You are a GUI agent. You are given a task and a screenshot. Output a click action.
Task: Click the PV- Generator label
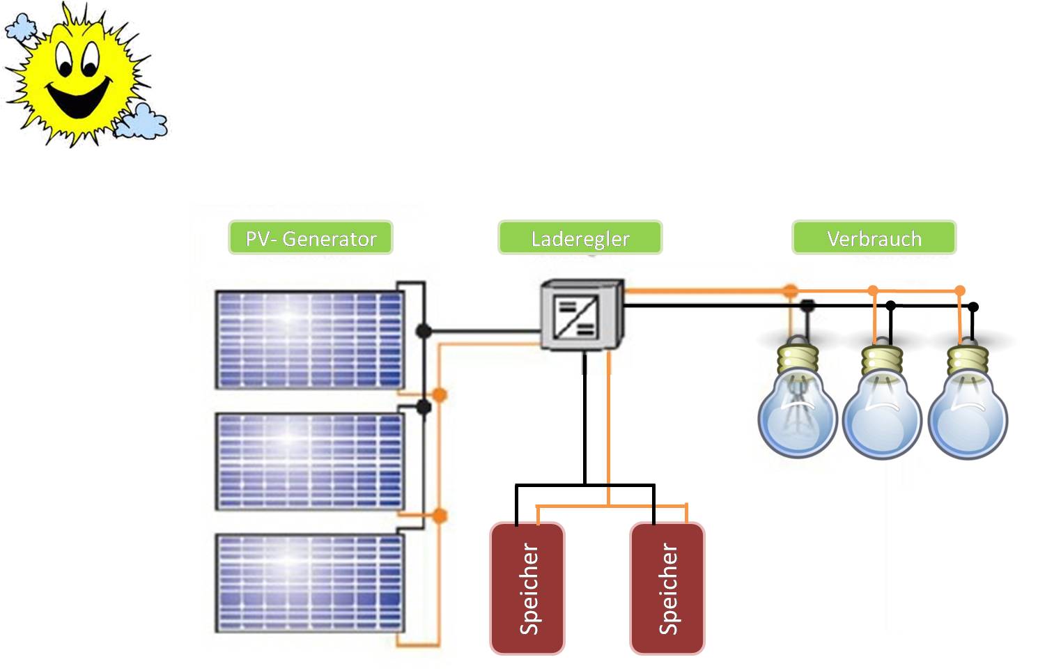click(311, 238)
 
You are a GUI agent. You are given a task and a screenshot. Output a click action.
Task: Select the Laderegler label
click(580, 238)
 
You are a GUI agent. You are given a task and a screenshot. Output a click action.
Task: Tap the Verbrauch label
click(874, 238)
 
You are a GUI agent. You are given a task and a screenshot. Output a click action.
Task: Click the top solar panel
click(309, 339)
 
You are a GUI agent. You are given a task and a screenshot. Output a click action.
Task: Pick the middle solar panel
click(309, 461)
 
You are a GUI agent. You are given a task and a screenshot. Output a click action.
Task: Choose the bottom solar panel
click(309, 583)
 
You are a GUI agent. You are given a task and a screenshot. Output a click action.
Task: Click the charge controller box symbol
click(581, 315)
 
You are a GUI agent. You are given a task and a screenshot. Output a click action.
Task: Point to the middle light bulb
click(882, 415)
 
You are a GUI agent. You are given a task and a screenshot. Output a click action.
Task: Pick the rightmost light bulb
click(968, 415)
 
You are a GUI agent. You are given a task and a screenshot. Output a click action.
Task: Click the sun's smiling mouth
click(79, 98)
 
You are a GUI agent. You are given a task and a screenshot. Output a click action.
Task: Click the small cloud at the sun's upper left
click(20, 28)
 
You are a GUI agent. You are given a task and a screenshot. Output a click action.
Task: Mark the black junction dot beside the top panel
click(424, 331)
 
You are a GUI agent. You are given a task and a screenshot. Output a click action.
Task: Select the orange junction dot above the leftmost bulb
click(790, 291)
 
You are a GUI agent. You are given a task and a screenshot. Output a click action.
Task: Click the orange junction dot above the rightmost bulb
click(960, 291)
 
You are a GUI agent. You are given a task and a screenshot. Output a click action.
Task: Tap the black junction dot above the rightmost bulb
click(973, 307)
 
